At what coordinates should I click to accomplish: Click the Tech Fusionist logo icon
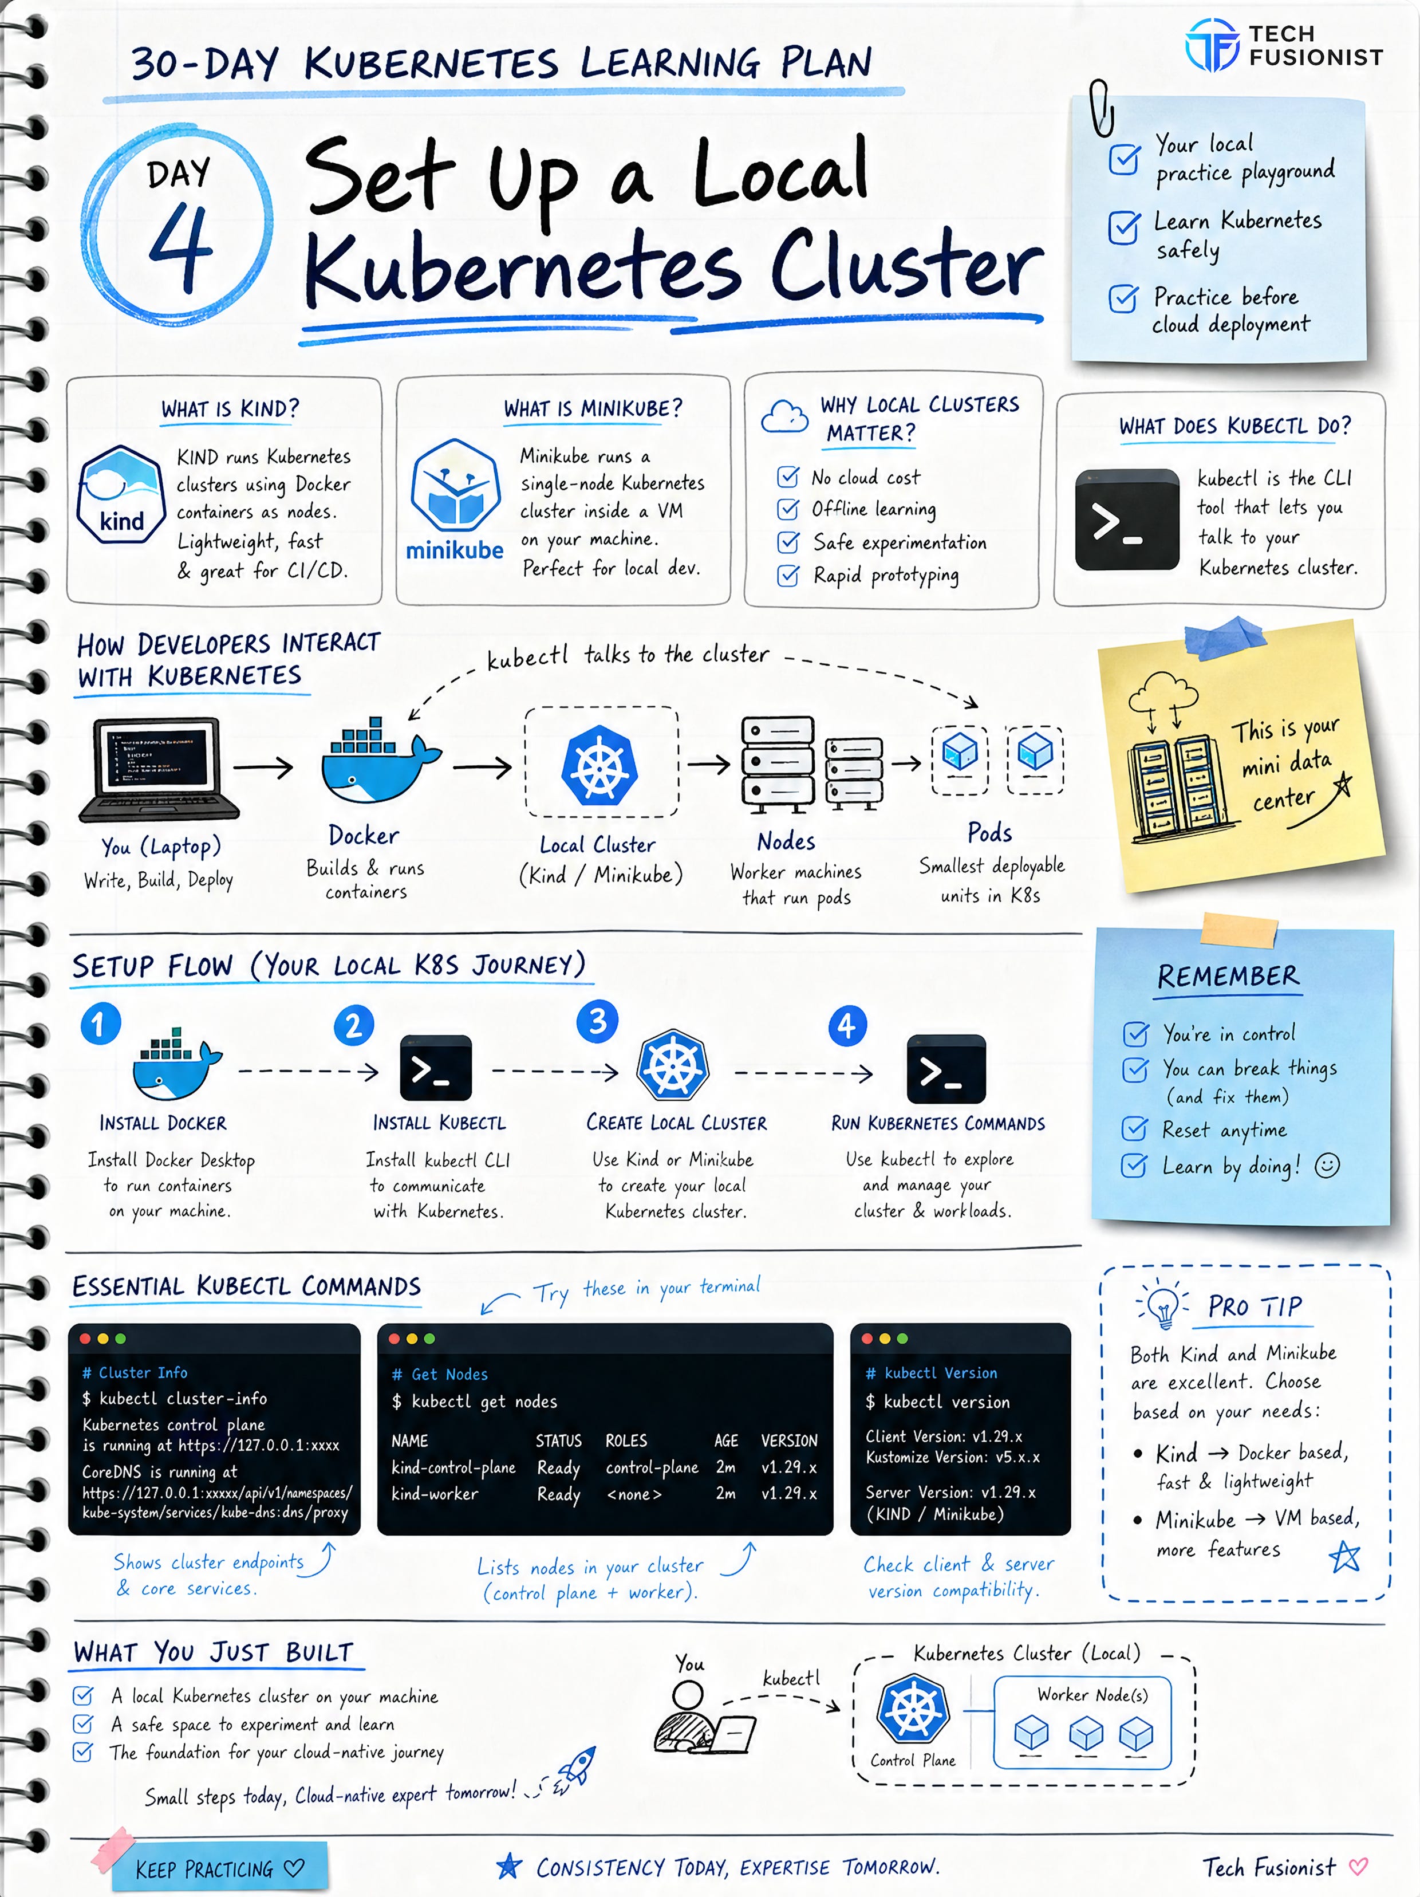pyautogui.click(x=1212, y=45)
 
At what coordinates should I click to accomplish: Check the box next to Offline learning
pyautogui.click(x=787, y=509)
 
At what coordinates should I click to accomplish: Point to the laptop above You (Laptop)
pyautogui.click(x=159, y=769)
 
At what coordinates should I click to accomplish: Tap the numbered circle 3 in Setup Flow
pyautogui.click(x=598, y=1021)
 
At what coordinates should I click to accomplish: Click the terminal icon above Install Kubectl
pyautogui.click(x=436, y=1068)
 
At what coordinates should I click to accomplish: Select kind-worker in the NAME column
pyautogui.click(x=435, y=1494)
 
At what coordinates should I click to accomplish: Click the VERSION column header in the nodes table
pyautogui.click(x=789, y=1441)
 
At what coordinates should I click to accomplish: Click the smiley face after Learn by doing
pyautogui.click(x=1327, y=1166)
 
